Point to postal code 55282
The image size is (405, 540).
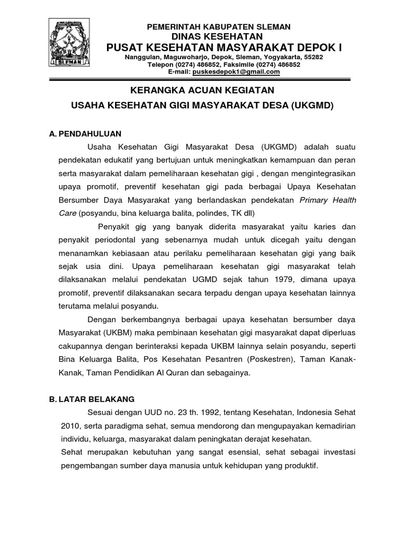(313, 56)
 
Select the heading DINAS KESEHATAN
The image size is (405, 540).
(218, 36)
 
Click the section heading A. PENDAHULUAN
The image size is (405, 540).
(85, 133)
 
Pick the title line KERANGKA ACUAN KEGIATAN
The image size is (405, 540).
(202, 90)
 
